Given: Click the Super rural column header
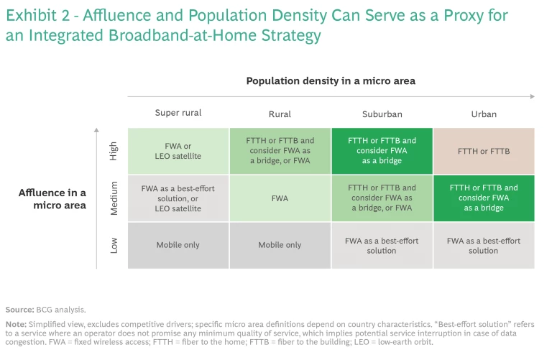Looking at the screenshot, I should tap(178, 113).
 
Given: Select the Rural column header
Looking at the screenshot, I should tap(280, 114).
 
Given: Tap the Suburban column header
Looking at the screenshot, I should tap(382, 114).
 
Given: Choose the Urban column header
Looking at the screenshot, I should tap(483, 114).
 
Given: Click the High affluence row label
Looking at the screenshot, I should tap(114, 151).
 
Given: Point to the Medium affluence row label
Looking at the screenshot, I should tap(114, 198).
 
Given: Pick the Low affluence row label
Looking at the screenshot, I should tap(114, 245).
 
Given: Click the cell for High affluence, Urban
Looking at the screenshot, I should tap(483, 151).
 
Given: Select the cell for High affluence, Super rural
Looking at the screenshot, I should tap(178, 151).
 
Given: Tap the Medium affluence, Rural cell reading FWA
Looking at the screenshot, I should tap(280, 198).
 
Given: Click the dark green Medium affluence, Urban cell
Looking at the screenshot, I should tap(483, 198).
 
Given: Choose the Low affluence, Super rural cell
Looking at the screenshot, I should tap(178, 245).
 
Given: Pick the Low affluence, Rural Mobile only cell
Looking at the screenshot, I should tap(280, 245).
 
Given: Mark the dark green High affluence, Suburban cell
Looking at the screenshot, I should tap(382, 151).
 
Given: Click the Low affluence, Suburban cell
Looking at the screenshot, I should tap(382, 245).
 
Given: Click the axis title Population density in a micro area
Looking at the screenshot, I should tap(331, 81).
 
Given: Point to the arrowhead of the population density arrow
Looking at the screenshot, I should tap(533, 96).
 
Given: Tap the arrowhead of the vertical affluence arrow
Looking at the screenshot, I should tap(96, 131).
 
